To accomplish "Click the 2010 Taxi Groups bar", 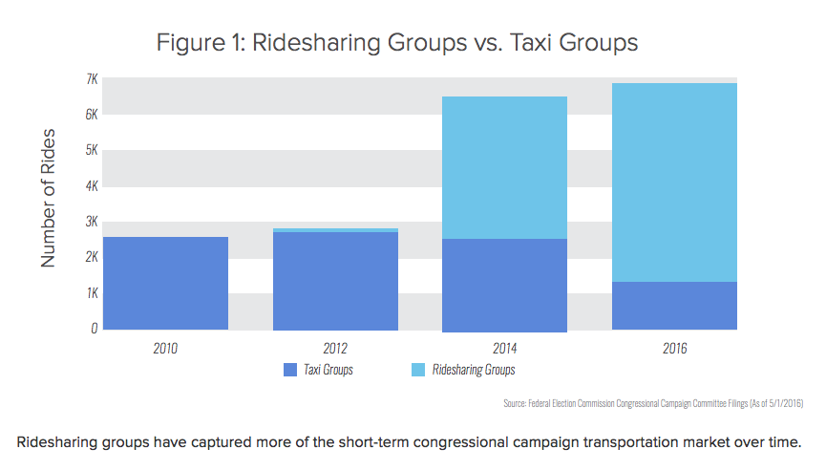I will coord(165,283).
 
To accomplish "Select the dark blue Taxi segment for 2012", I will coord(335,281).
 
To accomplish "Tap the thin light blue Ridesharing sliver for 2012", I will coord(335,230).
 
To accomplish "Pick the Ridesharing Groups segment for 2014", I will coord(504,167).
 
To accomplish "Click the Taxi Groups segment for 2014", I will coord(504,285).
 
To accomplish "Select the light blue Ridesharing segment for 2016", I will coord(674,182).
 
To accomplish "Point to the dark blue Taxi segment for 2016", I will coord(674,306).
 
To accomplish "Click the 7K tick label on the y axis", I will coord(92,78).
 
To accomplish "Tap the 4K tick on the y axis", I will coord(92,185).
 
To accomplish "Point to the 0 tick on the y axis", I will coord(94,329).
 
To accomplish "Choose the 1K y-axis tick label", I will coord(92,293).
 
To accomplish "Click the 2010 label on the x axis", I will coord(165,348).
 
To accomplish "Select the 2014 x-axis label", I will coord(504,348).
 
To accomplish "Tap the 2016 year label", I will coord(674,348).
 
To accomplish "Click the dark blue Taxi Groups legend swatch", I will coord(290,370).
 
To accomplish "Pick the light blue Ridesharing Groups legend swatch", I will coord(418,370).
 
